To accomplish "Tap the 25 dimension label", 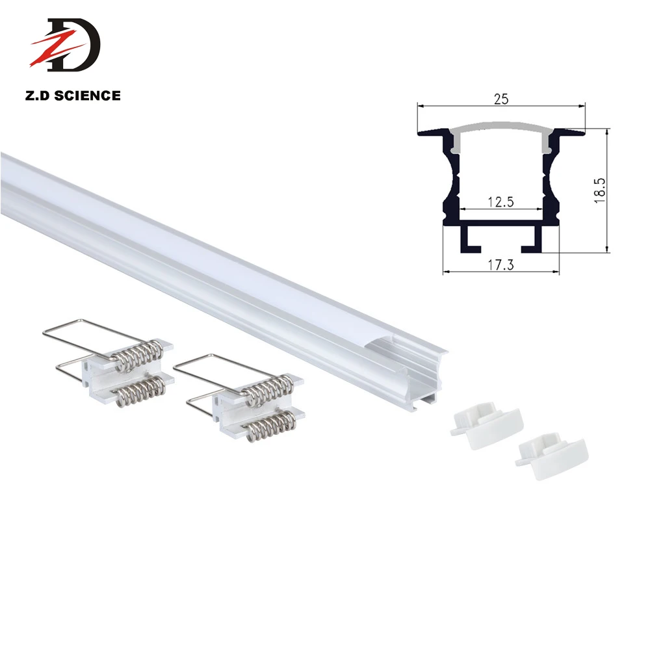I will click(x=500, y=99).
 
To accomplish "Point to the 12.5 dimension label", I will click(x=501, y=201).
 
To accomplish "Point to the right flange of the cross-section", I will click(x=572, y=133).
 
